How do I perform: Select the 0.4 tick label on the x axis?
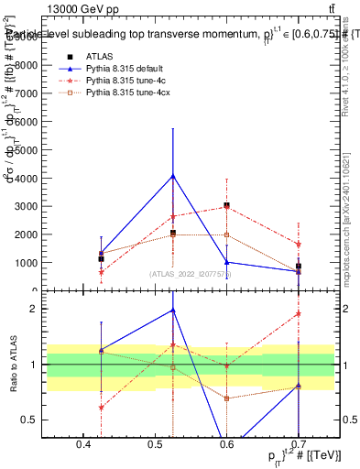coord(83,444)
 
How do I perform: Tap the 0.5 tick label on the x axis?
coord(155,444)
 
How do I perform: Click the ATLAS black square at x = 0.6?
coord(226,205)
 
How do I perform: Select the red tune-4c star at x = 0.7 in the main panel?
coord(299,245)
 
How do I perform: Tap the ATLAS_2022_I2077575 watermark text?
coord(191,274)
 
